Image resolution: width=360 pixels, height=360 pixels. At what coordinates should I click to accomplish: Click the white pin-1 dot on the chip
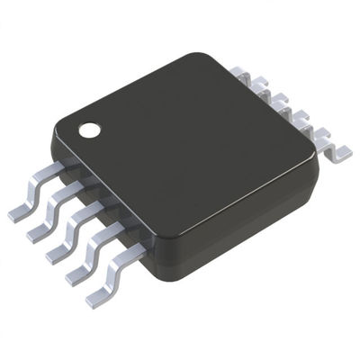90,130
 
